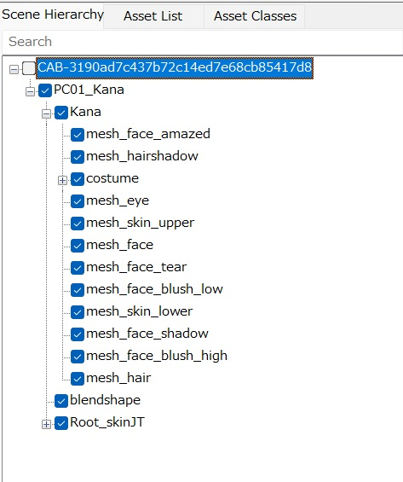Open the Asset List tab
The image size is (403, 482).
(x=153, y=16)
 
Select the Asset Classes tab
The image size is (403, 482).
(x=255, y=16)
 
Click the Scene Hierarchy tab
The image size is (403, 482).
(x=53, y=15)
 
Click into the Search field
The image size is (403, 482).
(x=203, y=42)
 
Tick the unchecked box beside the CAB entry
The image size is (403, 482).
(x=29, y=68)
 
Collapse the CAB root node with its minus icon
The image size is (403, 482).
(x=14, y=69)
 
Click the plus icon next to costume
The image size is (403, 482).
(x=62, y=180)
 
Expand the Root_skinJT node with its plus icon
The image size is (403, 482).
(x=46, y=424)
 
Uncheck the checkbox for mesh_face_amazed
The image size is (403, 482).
(x=78, y=135)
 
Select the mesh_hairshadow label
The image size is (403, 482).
(x=142, y=156)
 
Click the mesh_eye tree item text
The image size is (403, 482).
(x=118, y=200)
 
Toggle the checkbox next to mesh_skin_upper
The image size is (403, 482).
(x=78, y=224)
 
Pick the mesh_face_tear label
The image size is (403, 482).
(x=136, y=267)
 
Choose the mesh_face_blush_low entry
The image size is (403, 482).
(x=154, y=289)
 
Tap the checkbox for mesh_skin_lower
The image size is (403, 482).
(x=78, y=312)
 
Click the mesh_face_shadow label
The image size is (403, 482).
(x=147, y=334)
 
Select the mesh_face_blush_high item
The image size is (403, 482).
(x=157, y=356)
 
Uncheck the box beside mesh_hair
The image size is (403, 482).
(x=78, y=379)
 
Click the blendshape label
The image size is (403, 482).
(x=105, y=400)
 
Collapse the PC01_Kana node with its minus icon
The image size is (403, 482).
(x=30, y=91)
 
